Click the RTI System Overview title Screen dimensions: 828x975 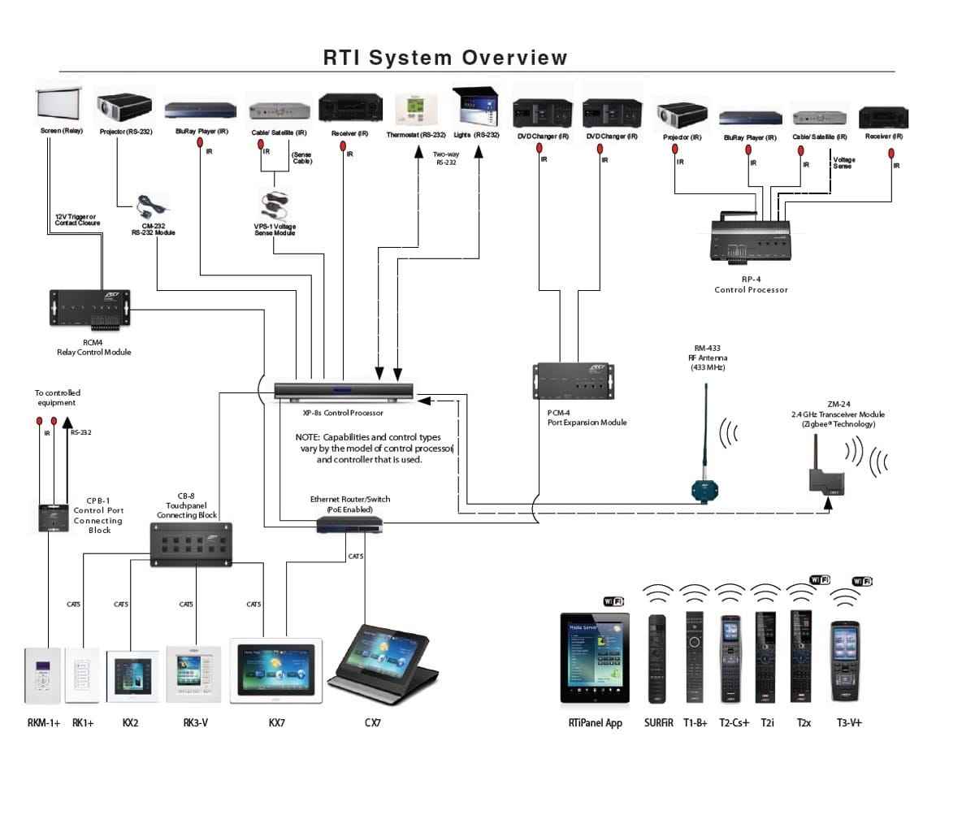445,58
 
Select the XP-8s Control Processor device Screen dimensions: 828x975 343,391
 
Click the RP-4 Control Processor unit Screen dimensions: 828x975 749,236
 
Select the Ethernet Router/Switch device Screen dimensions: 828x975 349,526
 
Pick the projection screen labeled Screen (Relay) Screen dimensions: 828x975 62,106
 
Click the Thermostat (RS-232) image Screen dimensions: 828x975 417,110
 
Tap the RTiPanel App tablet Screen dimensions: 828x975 595,658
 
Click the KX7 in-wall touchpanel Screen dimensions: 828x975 276,670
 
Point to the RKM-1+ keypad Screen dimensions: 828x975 43,674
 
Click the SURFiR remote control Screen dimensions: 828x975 656,658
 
